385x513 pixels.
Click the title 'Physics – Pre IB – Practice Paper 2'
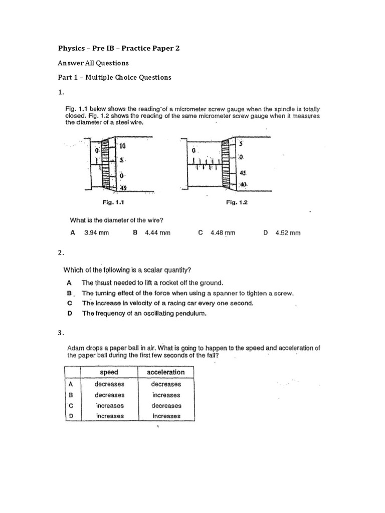pos(119,48)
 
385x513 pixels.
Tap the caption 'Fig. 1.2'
pos(237,202)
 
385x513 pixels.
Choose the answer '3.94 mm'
pos(96,233)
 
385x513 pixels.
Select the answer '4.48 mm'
pos(223,233)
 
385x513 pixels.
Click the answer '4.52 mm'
pos(288,233)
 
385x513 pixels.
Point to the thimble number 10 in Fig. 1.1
pos(122,146)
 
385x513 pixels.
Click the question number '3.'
pos(61,333)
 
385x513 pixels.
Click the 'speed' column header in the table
pos(109,372)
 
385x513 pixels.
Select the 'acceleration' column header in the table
pos(166,372)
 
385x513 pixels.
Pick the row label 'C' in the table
pos(71,405)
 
